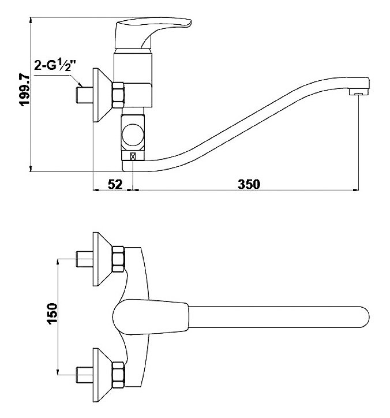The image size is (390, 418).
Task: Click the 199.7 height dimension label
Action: (25, 90)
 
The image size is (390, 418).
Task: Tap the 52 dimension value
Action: (115, 184)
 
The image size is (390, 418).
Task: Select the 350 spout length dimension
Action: (249, 184)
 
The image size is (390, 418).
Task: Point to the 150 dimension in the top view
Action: (52, 313)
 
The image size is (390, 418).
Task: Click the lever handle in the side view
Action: (153, 32)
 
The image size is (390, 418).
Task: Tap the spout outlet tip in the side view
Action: (359, 92)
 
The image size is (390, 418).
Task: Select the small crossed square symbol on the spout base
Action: (133, 156)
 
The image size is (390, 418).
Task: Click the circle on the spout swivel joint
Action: (133, 135)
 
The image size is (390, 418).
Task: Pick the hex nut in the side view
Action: (118, 95)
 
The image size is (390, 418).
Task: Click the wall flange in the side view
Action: (103, 95)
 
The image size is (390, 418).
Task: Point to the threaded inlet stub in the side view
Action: (85, 95)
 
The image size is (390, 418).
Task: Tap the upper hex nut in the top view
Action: (118, 259)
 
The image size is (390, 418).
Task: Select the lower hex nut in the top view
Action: (118, 375)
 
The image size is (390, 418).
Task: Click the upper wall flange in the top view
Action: (103, 259)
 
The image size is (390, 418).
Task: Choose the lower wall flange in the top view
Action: (103, 375)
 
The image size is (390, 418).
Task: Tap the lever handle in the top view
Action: (151, 317)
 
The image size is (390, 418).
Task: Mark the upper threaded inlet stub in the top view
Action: (85, 259)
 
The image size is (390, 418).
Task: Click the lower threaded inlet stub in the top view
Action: (85, 375)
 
